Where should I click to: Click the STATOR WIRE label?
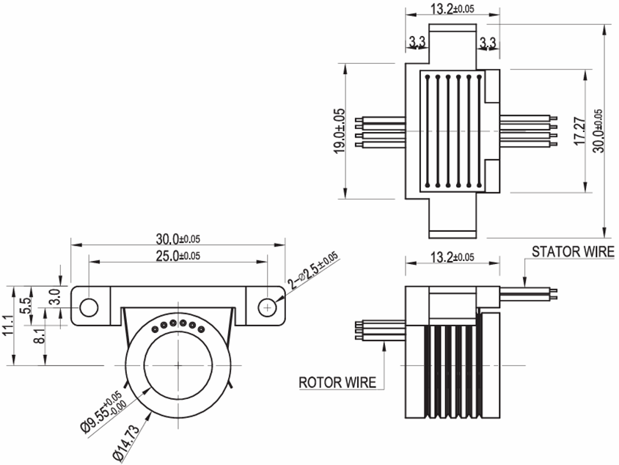(x=574, y=252)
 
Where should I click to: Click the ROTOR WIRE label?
(x=337, y=382)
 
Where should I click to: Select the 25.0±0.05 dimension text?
(x=178, y=255)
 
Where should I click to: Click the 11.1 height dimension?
(x=10, y=323)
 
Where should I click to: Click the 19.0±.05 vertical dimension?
(x=340, y=131)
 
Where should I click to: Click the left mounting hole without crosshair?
(x=89, y=305)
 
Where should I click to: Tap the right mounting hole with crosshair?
(x=269, y=305)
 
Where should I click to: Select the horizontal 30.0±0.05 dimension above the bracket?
(x=178, y=238)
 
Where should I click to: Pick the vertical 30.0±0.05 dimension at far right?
(x=598, y=130)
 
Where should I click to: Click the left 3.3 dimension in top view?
(x=417, y=43)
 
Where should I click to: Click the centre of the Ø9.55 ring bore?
(x=178, y=365)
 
